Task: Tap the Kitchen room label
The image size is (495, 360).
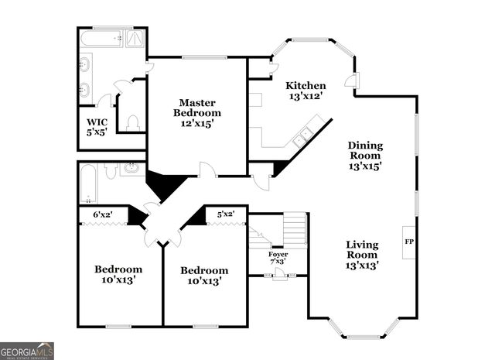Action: click(x=305, y=91)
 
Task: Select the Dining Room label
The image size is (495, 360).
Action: click(x=365, y=155)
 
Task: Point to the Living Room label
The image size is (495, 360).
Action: click(x=361, y=255)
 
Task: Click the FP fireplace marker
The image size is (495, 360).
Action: click(x=408, y=242)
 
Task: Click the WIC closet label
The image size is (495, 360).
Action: click(x=97, y=127)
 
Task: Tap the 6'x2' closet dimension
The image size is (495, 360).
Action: click(x=103, y=214)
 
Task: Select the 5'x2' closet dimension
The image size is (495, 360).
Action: click(x=225, y=214)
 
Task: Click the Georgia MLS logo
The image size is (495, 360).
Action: click(x=27, y=351)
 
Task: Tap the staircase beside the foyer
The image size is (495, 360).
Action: click(x=294, y=229)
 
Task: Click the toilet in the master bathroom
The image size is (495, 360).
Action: click(x=132, y=122)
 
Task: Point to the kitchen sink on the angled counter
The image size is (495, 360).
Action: click(x=302, y=137)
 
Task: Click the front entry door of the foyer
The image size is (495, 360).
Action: click(x=278, y=274)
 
